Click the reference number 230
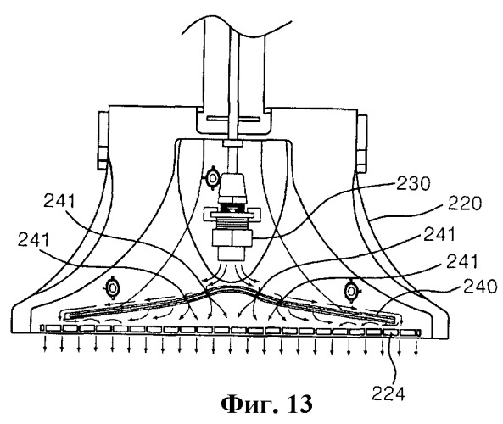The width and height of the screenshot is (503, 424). pos(413,184)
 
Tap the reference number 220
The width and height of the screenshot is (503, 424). pos(465,204)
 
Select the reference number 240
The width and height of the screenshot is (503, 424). pos(479,287)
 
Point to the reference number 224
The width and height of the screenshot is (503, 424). pos(388,393)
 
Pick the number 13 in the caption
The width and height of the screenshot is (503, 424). pos(300,404)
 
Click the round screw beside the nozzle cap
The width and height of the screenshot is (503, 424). pos(212,178)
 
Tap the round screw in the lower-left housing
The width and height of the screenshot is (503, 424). pos(113,287)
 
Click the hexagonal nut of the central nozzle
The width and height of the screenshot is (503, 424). pos(232,237)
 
